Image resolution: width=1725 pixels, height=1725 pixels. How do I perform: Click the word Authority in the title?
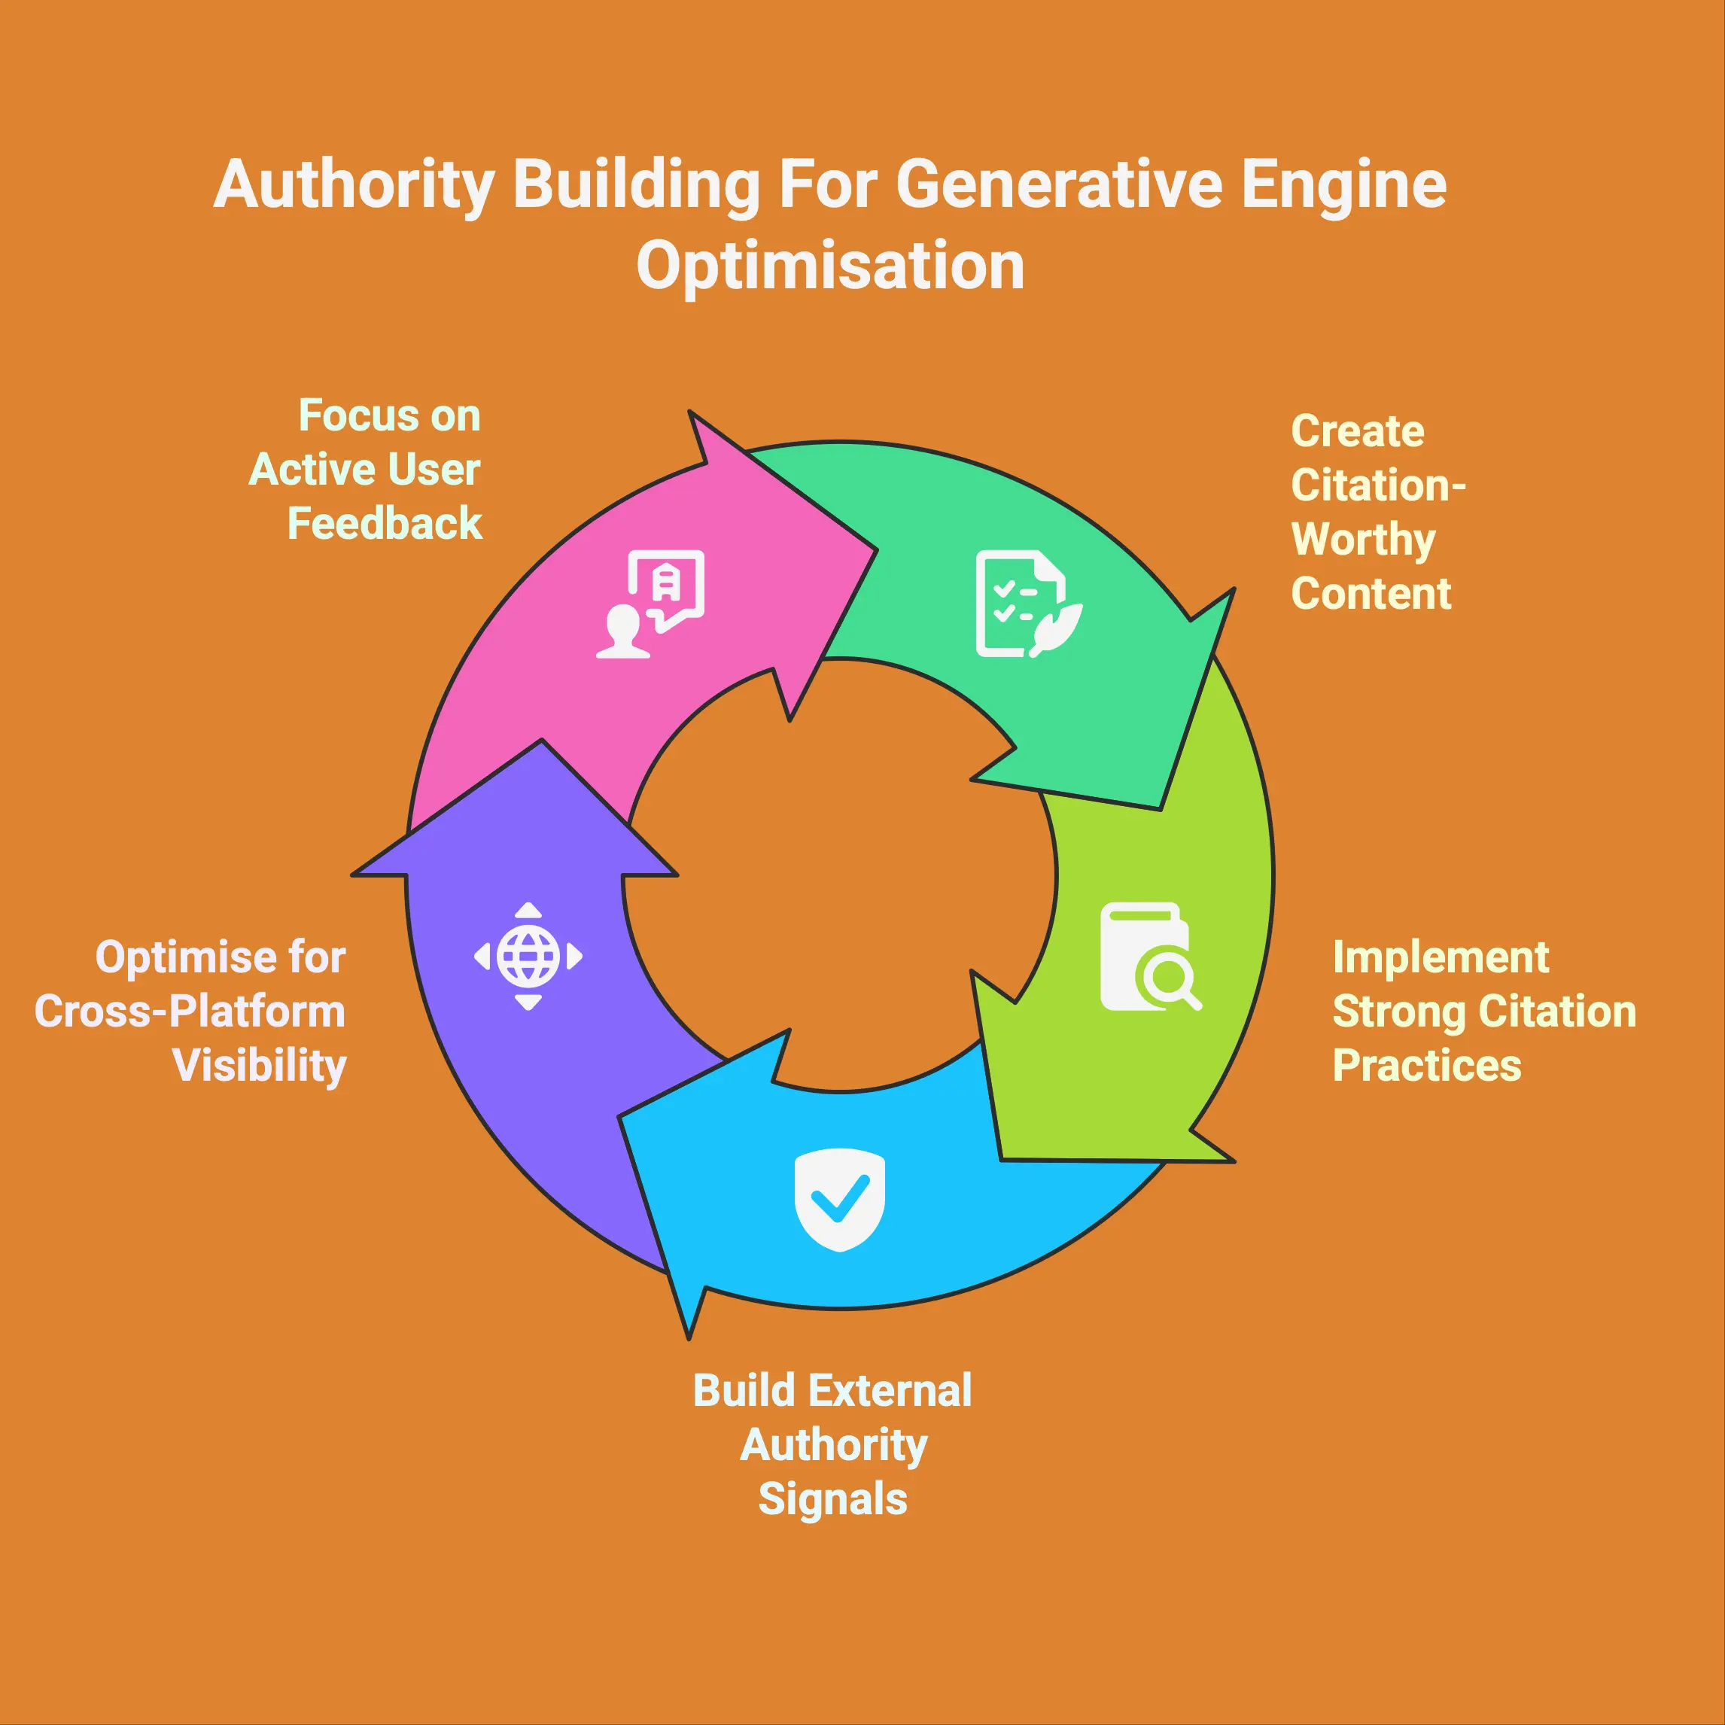coord(354,186)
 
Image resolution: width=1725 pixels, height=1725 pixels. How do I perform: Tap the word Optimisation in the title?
coord(830,266)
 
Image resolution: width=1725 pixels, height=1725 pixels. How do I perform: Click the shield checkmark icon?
coord(839,1199)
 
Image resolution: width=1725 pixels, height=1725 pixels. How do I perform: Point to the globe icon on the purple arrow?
coord(528,957)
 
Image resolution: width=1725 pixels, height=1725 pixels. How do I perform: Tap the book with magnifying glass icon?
coord(1151,957)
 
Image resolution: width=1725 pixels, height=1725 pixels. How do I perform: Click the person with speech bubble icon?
coord(650,604)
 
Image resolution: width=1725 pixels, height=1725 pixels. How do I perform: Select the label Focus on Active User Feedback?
coord(365,470)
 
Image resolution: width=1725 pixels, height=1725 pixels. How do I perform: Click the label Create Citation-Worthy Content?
coord(1379,513)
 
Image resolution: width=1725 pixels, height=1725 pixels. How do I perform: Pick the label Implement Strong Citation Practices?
coord(1484,1012)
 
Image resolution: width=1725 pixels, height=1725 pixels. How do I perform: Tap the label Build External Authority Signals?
coord(833,1444)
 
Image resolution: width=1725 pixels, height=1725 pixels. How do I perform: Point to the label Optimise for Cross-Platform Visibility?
coord(190,1012)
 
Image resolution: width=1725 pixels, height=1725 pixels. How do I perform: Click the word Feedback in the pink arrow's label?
coord(385,523)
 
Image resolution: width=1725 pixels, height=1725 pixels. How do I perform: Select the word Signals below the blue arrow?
coord(833,1499)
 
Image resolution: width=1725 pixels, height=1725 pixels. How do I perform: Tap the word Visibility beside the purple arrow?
coord(260,1066)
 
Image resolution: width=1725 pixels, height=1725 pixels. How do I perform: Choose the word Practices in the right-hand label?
coord(1427,1065)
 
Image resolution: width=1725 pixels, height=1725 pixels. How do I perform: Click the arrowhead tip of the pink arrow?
coord(876,550)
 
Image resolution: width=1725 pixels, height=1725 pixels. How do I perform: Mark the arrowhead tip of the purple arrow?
coord(541,740)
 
